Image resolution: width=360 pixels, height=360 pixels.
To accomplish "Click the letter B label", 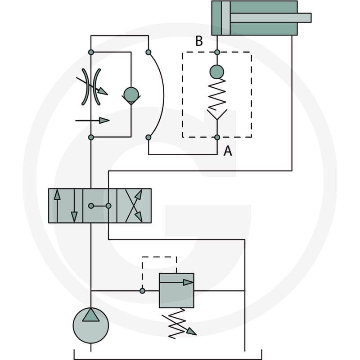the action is click(199, 41).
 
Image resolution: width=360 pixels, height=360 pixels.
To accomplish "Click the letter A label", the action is click(228, 151).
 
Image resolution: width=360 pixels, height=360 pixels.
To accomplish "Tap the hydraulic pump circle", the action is click(91, 325).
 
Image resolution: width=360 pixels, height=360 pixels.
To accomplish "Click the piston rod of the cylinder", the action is click(270, 18).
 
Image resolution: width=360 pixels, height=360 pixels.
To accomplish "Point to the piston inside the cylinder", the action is click(226, 18).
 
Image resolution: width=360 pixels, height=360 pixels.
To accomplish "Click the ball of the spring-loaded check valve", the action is click(217, 72).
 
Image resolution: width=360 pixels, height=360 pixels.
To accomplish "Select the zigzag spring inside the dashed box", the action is click(217, 94).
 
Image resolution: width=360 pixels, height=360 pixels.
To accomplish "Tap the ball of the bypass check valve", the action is click(131, 94).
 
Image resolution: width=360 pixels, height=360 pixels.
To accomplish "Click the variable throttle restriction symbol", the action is click(91, 87).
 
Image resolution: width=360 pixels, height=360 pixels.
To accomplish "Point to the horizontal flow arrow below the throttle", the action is click(92, 120).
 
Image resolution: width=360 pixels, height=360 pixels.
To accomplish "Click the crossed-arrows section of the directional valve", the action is click(134, 206).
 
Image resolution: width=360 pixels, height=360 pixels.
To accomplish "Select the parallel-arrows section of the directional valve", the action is click(66, 206).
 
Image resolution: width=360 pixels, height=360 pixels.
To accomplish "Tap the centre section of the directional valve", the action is click(99, 206).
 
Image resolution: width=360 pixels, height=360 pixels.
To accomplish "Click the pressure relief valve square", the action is click(176, 290).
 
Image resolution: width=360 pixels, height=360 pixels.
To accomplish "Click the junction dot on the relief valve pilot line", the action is click(142, 291).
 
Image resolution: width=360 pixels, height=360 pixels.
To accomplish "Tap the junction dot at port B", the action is click(217, 52).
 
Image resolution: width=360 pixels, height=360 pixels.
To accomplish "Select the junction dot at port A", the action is click(217, 137).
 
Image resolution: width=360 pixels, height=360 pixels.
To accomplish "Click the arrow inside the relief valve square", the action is click(176, 283).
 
